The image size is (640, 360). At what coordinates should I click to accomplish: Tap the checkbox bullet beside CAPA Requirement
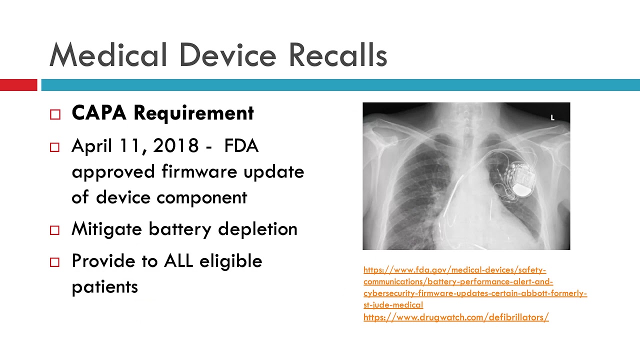click(x=55, y=114)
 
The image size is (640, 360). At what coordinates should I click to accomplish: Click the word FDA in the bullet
click(x=241, y=146)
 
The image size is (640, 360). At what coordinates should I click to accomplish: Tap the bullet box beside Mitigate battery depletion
click(x=55, y=230)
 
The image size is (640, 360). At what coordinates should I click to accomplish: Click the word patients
click(x=104, y=287)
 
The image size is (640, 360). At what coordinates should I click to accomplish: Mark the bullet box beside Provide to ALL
click(x=55, y=262)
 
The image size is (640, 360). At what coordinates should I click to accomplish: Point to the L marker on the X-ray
click(x=552, y=118)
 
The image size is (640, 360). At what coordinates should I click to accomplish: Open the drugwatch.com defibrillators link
click(x=456, y=317)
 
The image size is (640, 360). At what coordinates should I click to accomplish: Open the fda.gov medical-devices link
click(x=454, y=270)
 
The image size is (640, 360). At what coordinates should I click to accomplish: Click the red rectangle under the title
click(x=18, y=85)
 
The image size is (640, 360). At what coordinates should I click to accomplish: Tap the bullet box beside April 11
click(x=55, y=147)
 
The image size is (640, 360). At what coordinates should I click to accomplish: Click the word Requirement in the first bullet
click(x=193, y=113)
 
